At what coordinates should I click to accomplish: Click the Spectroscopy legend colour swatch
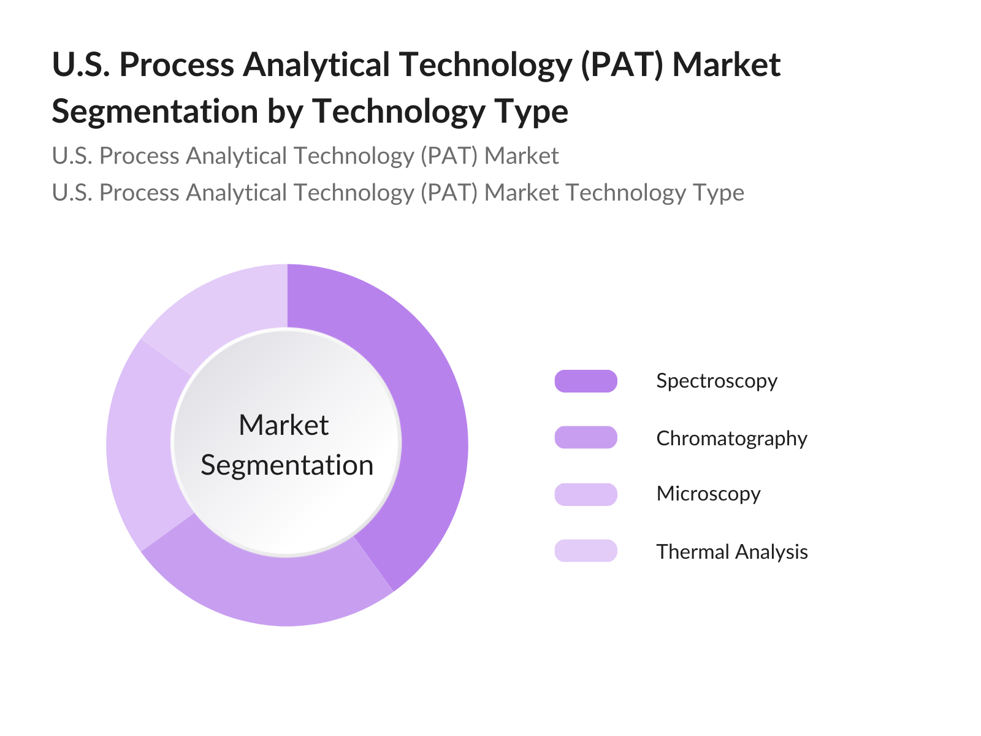pyautogui.click(x=586, y=381)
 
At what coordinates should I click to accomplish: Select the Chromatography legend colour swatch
pyautogui.click(x=586, y=437)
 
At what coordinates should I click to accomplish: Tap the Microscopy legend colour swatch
pyautogui.click(x=586, y=494)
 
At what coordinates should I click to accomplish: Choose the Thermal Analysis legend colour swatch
pyautogui.click(x=586, y=551)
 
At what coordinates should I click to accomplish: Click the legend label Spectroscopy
pyautogui.click(x=717, y=381)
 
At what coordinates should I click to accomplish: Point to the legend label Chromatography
pyautogui.click(x=731, y=439)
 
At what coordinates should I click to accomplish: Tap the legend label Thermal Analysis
pyautogui.click(x=732, y=551)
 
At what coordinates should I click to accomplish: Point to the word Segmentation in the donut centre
pyautogui.click(x=287, y=466)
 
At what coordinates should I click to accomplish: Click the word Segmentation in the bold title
pyautogui.click(x=155, y=112)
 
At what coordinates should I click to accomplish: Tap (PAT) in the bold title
pyautogui.click(x=622, y=65)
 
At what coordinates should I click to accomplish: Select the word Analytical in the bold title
pyautogui.click(x=316, y=65)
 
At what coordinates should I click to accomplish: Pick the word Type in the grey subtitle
pyautogui.click(x=719, y=193)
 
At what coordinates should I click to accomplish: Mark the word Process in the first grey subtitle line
pyautogui.click(x=139, y=156)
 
